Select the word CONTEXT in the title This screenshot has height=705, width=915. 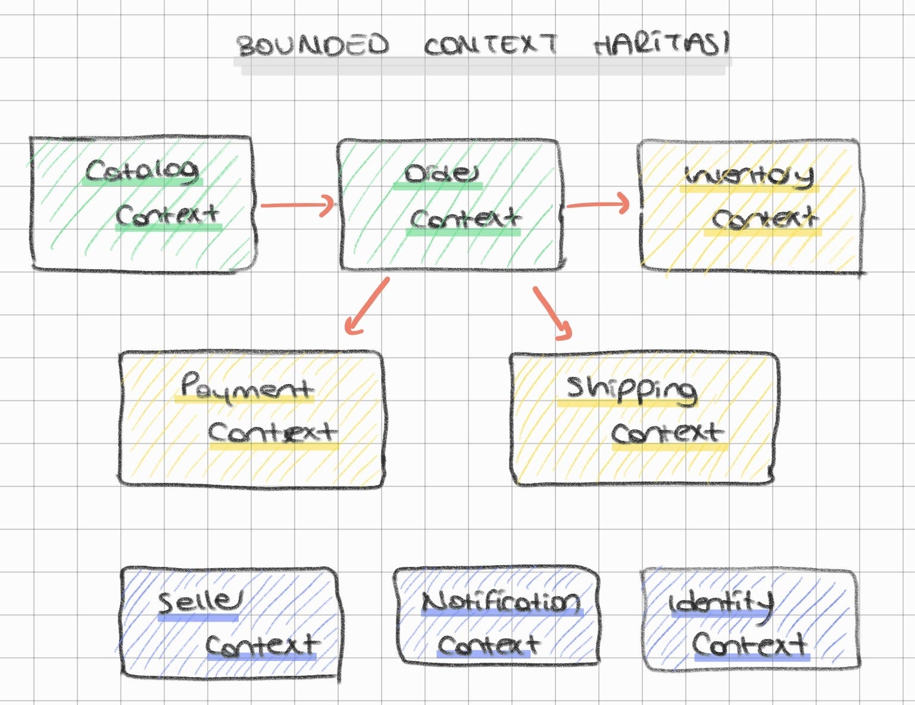click(x=491, y=45)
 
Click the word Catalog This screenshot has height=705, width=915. click(x=142, y=171)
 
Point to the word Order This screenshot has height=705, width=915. click(x=441, y=174)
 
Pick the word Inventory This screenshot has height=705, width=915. click(x=749, y=176)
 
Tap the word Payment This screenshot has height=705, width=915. click(x=246, y=387)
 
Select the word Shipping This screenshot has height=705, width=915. click(x=631, y=390)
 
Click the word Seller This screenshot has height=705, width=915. click(x=199, y=603)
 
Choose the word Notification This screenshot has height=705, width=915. click(x=501, y=603)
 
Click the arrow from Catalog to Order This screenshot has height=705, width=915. click(x=298, y=206)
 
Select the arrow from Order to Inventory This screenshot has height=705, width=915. click(x=597, y=205)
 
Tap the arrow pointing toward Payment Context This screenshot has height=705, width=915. click(x=366, y=305)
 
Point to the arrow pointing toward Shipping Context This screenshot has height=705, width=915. click(x=552, y=313)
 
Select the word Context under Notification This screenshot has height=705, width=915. click(x=488, y=645)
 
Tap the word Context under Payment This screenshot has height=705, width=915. click(x=273, y=433)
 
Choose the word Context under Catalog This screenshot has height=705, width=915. click(x=167, y=215)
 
